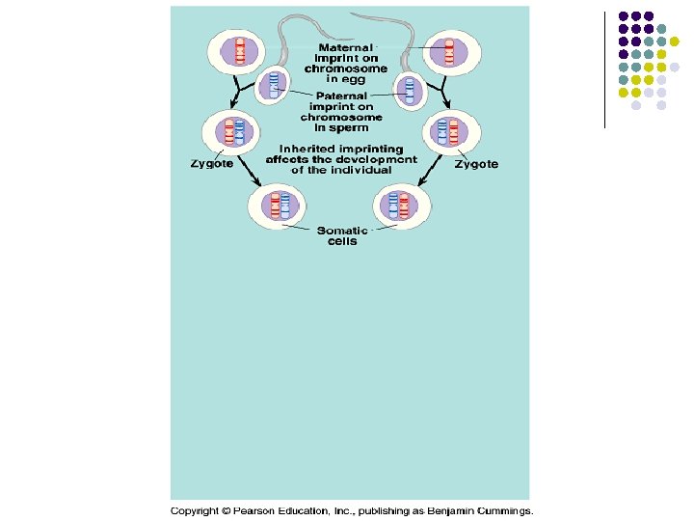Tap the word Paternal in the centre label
(x=340, y=96)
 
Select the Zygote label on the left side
(x=210, y=164)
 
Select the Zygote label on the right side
(x=476, y=164)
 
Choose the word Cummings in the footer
(x=503, y=510)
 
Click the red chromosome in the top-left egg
(x=239, y=48)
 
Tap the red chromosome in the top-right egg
(x=449, y=48)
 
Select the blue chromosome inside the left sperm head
(x=275, y=86)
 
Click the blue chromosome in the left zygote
(x=242, y=131)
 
